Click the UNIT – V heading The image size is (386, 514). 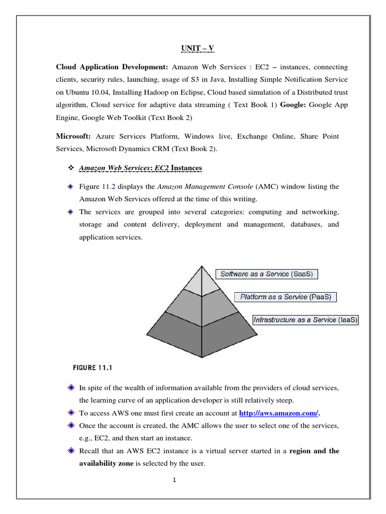click(198, 49)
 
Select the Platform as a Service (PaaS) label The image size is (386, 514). click(285, 297)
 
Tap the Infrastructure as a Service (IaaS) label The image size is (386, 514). click(306, 320)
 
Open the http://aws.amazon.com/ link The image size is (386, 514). click(278, 413)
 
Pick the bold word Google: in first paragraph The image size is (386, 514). click(293, 105)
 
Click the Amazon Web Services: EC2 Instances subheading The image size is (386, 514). click(141, 167)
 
